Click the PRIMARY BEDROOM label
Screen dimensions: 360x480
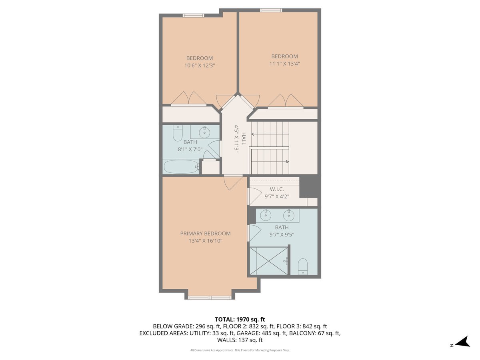(205, 234)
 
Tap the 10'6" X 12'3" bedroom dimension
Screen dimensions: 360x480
(199, 66)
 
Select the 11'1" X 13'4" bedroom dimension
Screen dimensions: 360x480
(284, 64)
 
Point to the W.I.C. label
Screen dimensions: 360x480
(277, 189)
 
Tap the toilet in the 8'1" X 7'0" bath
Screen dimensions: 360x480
(177, 133)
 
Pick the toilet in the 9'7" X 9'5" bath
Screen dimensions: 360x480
(303, 266)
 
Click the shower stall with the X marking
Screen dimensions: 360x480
(268, 261)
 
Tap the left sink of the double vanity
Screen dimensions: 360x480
(265, 215)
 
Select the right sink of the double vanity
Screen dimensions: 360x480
(289, 216)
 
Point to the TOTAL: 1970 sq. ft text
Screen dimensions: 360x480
(240, 319)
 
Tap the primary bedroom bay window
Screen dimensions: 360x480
(210, 297)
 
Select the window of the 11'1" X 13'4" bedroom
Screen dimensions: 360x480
(271, 10)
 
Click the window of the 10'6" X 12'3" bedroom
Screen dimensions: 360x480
(193, 15)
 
